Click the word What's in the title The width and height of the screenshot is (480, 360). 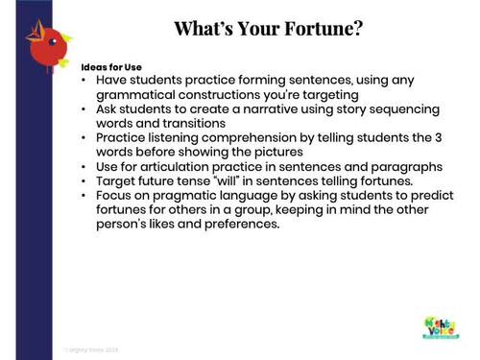coord(204,28)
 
